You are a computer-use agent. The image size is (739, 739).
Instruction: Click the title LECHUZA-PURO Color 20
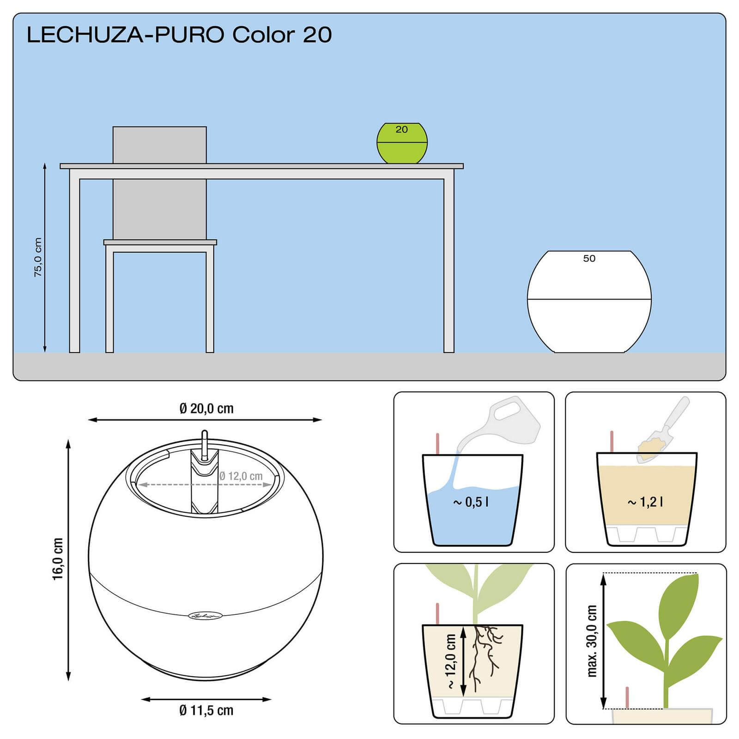pos(179,35)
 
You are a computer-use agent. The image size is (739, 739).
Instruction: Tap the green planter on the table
pos(402,143)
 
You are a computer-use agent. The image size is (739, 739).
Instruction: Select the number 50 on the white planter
pos(589,259)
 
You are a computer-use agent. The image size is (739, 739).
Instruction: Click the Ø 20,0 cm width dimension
pos(206,408)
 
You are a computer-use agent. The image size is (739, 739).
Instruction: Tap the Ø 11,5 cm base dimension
pos(206,710)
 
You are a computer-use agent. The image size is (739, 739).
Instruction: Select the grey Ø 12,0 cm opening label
pos(241,476)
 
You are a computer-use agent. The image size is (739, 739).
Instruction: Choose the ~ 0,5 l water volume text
pos(471,502)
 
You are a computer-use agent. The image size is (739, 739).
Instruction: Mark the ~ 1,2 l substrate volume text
pos(645,502)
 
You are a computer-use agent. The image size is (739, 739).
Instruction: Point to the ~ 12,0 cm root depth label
pos(451,661)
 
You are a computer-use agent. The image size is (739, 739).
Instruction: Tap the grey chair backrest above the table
pos(160,145)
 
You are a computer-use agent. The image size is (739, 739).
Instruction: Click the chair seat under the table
pos(160,242)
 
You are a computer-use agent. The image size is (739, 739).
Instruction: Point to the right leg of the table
pos(448,266)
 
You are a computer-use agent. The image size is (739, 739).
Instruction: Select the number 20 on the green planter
pos(401,130)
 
